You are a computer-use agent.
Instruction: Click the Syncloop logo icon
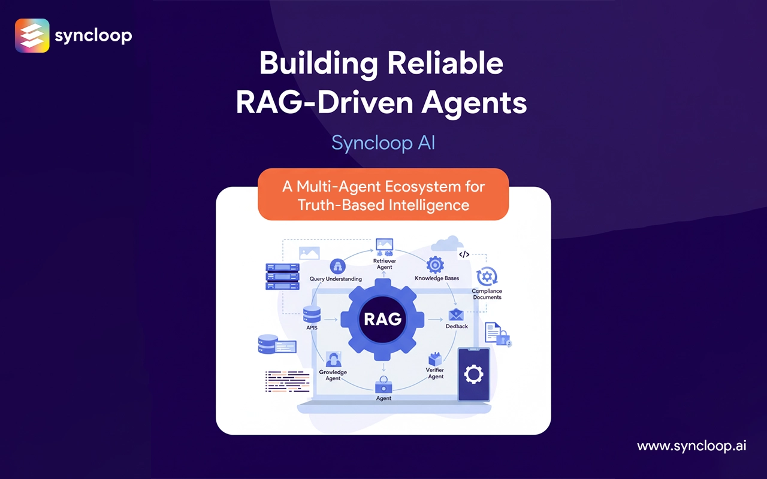(x=32, y=36)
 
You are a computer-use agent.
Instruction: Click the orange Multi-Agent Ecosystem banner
(x=383, y=195)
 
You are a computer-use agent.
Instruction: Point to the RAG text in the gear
(x=383, y=319)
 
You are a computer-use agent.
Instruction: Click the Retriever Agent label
(x=383, y=264)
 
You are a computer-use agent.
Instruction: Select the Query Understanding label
(x=336, y=278)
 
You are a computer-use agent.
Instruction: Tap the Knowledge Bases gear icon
(x=434, y=265)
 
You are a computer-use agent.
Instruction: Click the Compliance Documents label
(x=487, y=294)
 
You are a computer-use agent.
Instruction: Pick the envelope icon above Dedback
(x=455, y=314)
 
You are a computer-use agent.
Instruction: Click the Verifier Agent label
(x=435, y=373)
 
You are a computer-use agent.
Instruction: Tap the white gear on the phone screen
(x=473, y=375)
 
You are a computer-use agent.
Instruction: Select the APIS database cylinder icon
(x=312, y=314)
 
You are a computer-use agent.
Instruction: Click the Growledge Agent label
(x=333, y=375)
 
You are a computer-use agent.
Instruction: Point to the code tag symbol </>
(x=464, y=254)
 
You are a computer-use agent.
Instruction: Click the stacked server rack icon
(x=282, y=276)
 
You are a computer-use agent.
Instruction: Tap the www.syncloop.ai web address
(x=691, y=446)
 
